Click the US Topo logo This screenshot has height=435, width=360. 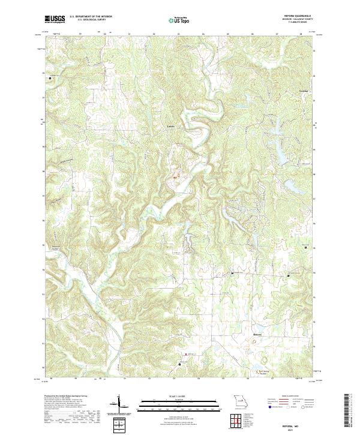[180, 19]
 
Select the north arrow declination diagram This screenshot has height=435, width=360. [119, 406]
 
